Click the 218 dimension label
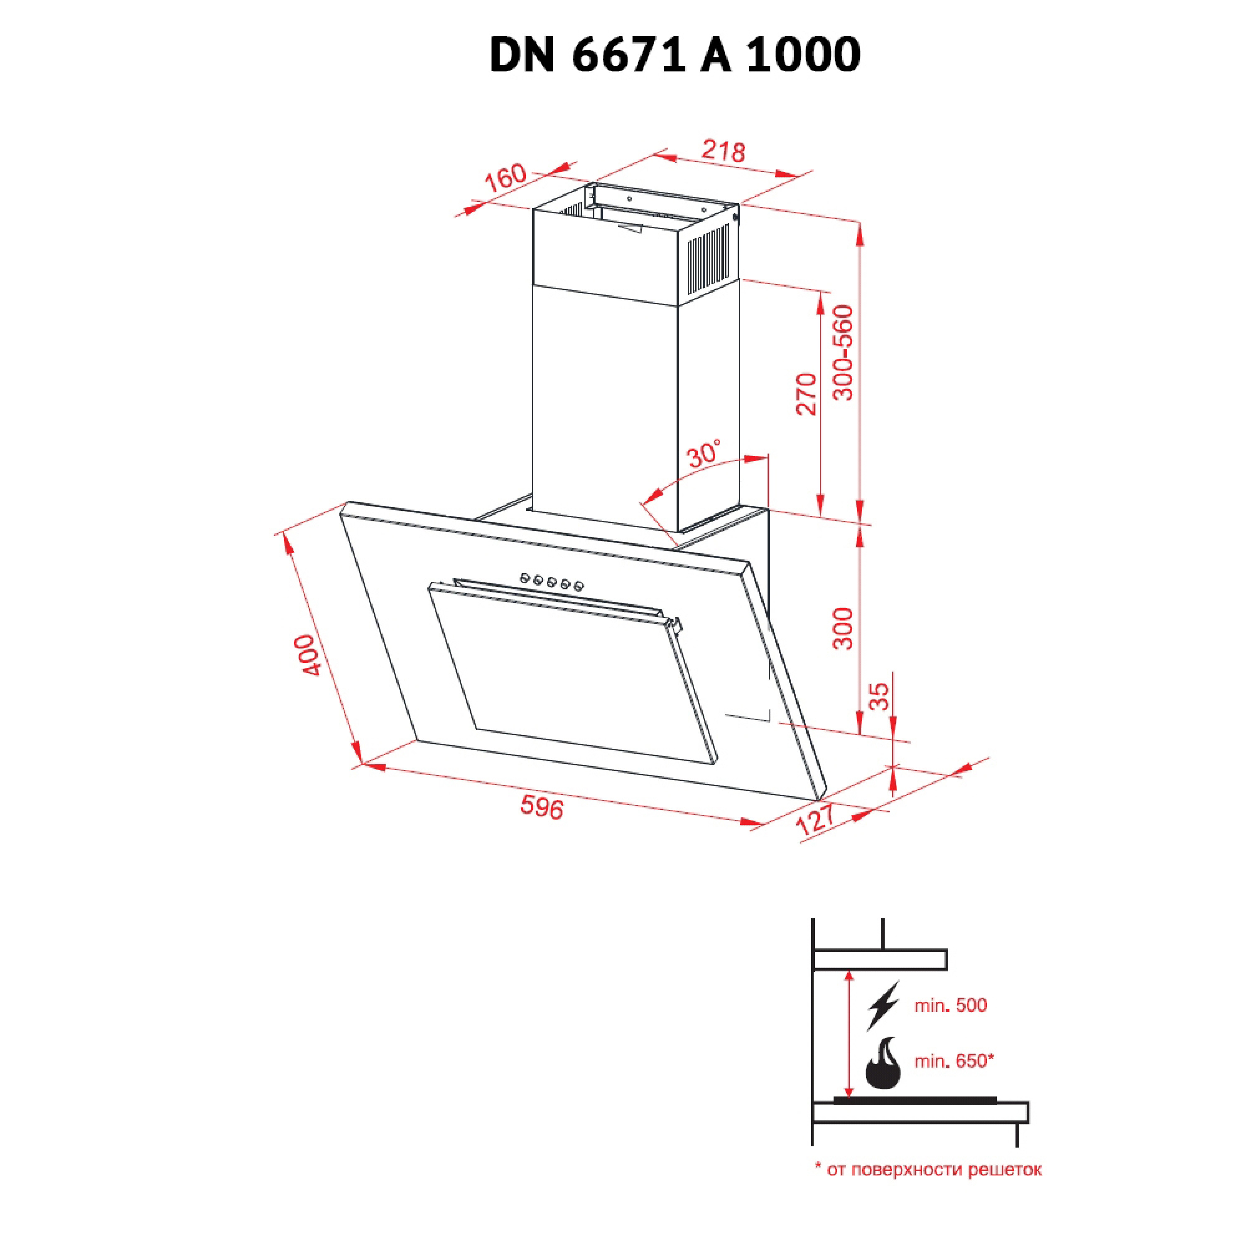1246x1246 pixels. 724,151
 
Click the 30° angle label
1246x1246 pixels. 704,454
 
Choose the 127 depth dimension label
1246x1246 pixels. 816,820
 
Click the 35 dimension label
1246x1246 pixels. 878,697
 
